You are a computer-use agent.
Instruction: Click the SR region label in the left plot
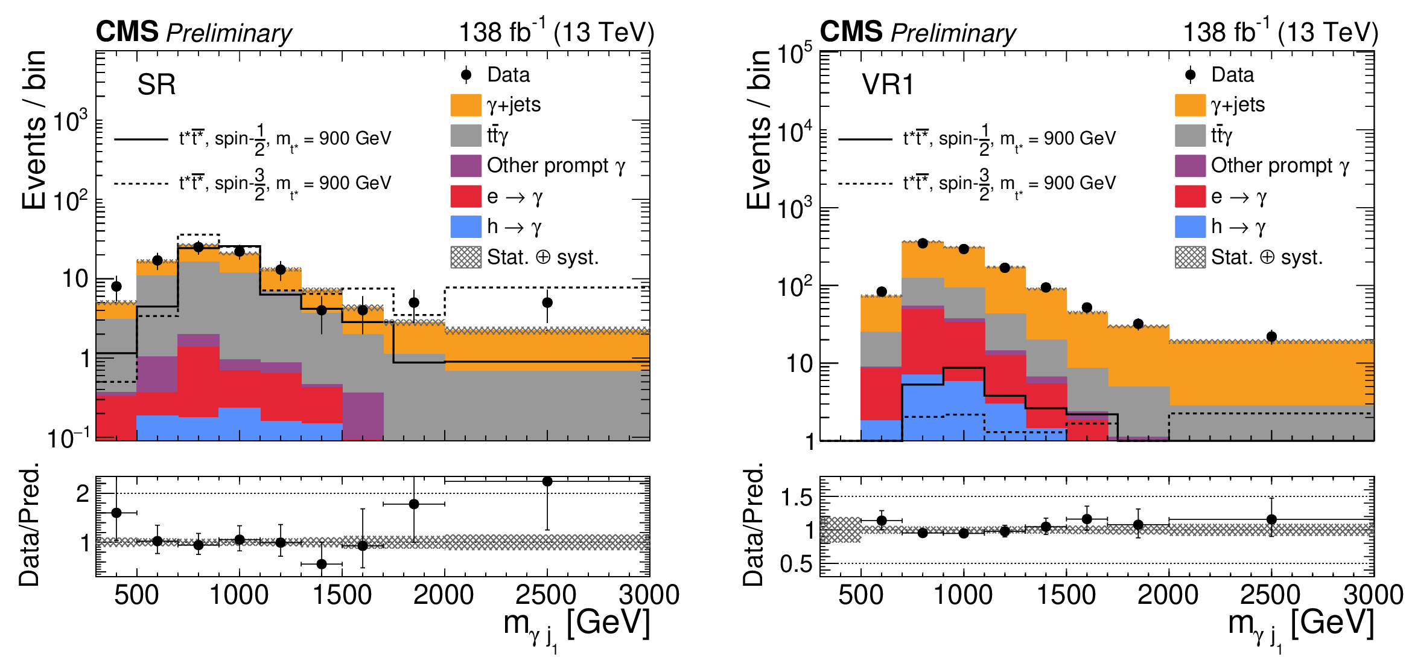pos(156,85)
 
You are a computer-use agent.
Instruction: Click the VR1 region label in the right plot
pos(887,85)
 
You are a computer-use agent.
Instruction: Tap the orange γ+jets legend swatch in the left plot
pos(466,105)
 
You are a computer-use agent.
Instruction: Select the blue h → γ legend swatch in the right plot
pos(1190,227)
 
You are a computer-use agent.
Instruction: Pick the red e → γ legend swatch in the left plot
pos(466,196)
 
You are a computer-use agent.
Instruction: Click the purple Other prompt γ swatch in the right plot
pos(1190,165)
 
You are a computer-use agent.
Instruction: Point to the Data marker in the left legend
pos(466,75)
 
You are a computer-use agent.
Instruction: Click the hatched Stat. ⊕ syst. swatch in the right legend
pos(1190,257)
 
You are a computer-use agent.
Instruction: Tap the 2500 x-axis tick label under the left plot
pos(546,595)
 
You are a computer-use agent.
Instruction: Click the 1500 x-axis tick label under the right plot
pos(1066,595)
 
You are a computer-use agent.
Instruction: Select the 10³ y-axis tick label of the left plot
pos(70,121)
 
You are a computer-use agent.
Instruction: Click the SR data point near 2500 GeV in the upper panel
pos(547,303)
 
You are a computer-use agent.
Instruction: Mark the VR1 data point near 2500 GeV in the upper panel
pos(1271,337)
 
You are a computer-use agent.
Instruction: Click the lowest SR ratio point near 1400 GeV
pos(322,564)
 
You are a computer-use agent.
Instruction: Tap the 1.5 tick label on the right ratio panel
pos(797,498)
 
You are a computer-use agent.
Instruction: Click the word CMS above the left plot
pos(127,31)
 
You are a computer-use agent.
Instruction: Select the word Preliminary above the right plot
pos(953,33)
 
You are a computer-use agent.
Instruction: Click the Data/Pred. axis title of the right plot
pos(754,524)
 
